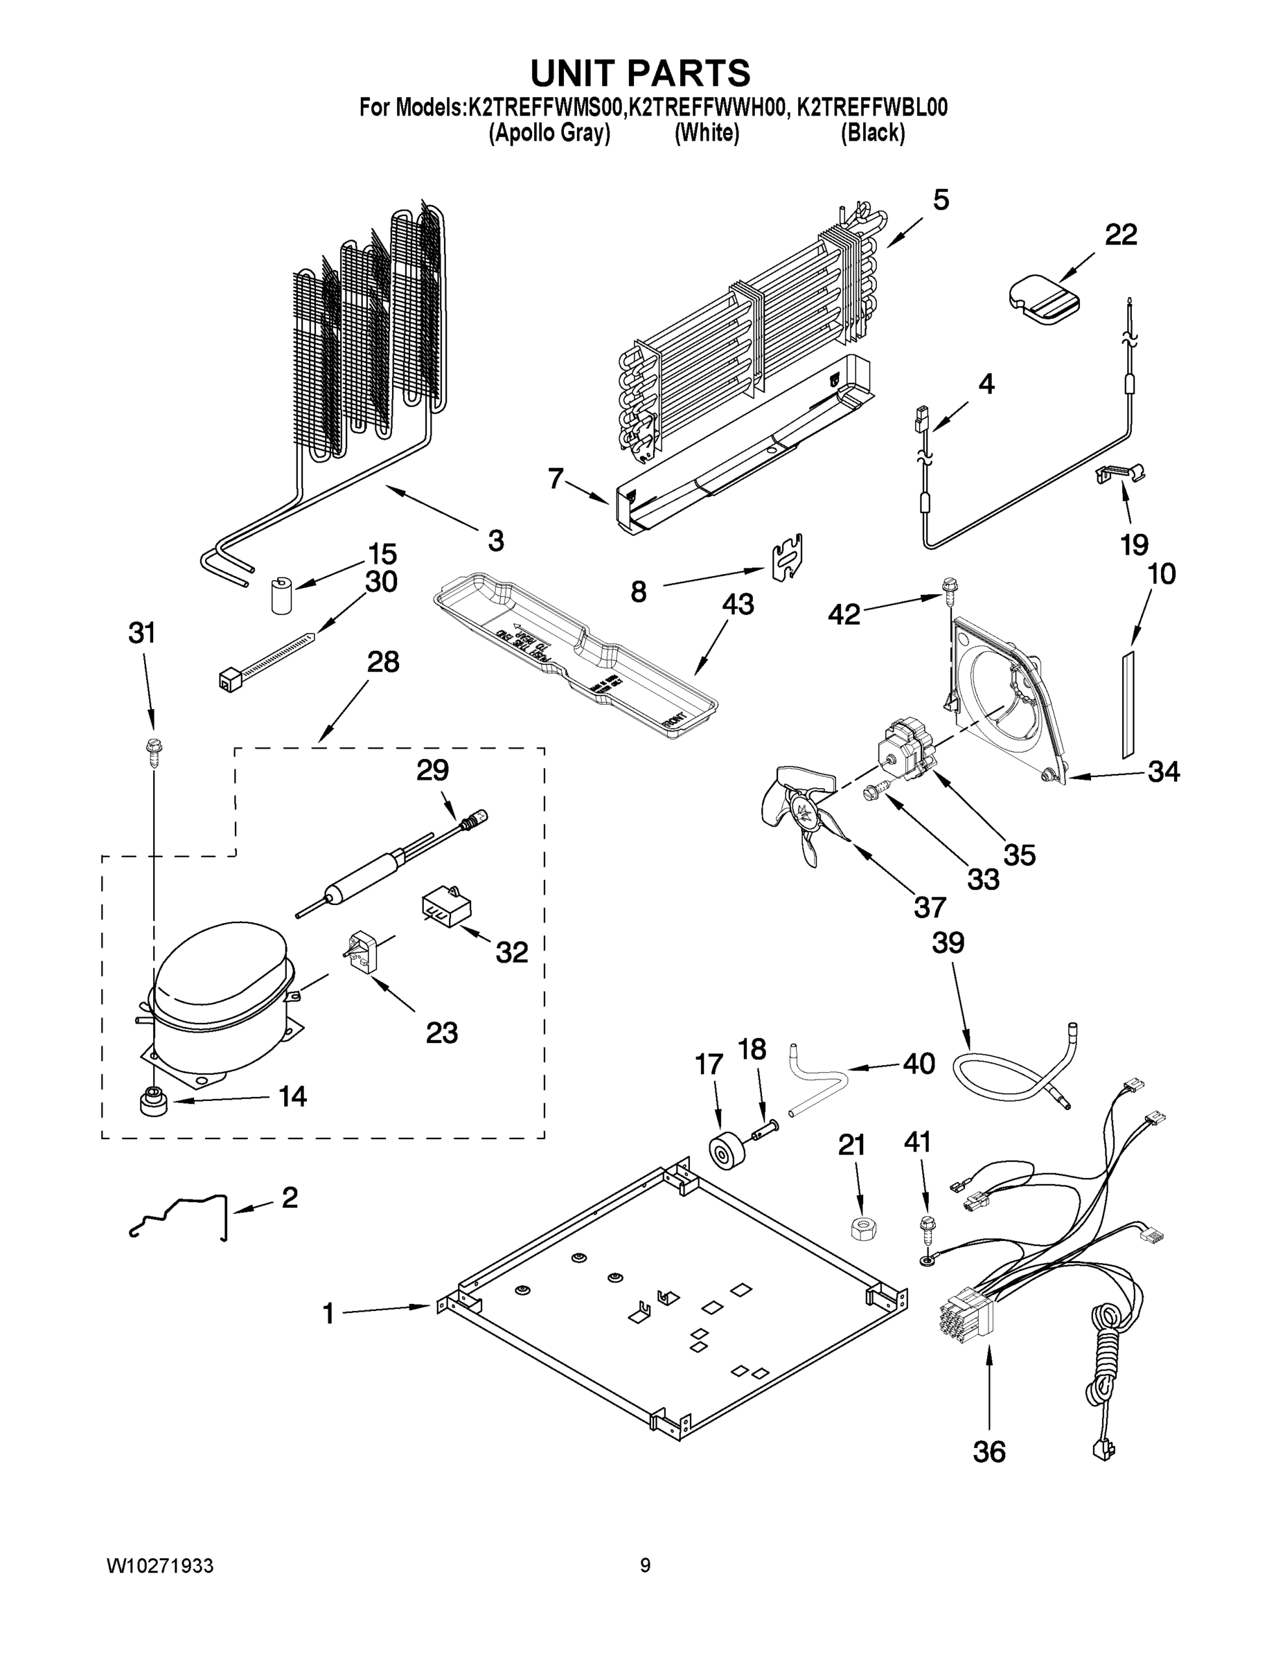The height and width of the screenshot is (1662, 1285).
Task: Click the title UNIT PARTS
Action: [640, 74]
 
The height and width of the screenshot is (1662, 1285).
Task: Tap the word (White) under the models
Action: [707, 133]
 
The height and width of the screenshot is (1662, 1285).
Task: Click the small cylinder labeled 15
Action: [283, 595]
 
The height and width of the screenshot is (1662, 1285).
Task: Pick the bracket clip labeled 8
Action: [787, 556]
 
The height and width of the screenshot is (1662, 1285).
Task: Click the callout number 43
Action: [738, 605]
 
